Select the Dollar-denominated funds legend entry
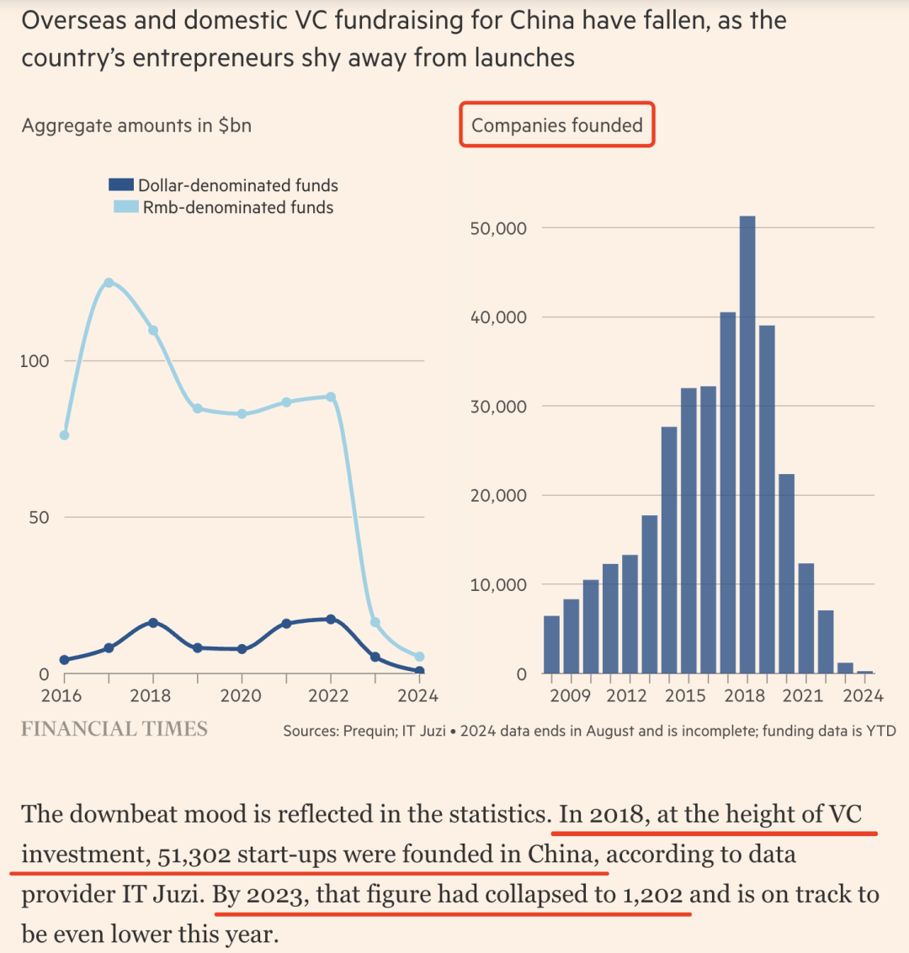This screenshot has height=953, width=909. tap(224, 185)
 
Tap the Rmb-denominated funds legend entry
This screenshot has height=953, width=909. tap(224, 207)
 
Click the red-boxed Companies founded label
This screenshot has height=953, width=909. tap(556, 125)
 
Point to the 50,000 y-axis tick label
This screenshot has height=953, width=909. tap(497, 228)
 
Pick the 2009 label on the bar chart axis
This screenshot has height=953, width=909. tap(570, 695)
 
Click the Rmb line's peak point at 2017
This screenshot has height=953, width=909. tap(109, 283)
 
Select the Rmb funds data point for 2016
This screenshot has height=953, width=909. tap(64, 435)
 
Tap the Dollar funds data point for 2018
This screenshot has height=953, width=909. tap(153, 622)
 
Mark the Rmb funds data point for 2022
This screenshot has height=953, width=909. tap(330, 397)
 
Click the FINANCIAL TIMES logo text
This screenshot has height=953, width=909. tap(114, 729)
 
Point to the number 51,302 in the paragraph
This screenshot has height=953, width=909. tap(194, 855)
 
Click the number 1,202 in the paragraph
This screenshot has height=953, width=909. tap(652, 894)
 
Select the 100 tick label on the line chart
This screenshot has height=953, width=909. tap(35, 361)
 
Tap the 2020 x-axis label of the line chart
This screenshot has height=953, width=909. tap(241, 695)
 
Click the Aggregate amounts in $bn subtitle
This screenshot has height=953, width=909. tap(136, 125)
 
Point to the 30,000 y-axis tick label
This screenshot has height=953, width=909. tap(497, 407)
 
